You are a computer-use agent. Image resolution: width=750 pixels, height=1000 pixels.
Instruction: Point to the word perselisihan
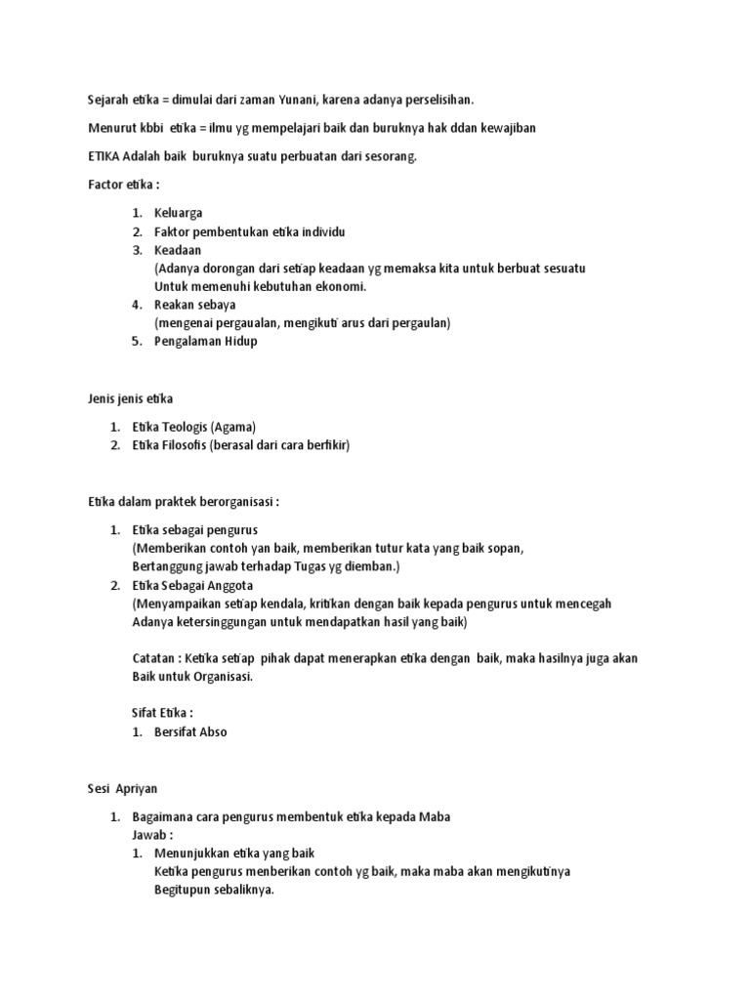pos(436,100)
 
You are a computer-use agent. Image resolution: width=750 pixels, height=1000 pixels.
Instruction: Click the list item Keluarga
pos(179,213)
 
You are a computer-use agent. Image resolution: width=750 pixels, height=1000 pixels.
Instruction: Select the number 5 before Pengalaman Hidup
pos(138,342)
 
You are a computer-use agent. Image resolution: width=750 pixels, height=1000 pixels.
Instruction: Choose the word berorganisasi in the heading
pos(234,502)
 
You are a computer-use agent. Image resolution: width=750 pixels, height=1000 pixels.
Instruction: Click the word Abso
pos(212,732)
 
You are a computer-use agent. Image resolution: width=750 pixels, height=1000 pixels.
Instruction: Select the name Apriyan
pos(138,788)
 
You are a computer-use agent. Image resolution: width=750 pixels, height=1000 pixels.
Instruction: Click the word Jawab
pos(148,836)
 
